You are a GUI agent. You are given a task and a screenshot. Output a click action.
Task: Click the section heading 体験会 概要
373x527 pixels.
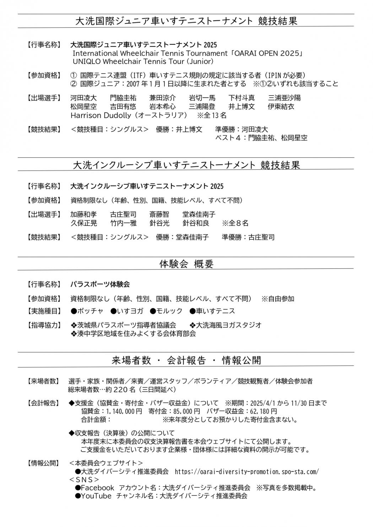[186, 264]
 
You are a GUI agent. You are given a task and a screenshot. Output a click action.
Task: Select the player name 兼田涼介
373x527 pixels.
[163, 98]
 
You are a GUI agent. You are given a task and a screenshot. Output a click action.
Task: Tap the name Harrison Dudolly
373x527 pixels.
[101, 115]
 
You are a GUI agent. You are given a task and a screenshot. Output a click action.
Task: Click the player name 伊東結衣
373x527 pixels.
[281, 107]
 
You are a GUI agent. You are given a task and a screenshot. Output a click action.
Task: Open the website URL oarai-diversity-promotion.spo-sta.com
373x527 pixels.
[247, 472]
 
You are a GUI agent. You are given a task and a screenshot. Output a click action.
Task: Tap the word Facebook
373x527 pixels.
[97, 488]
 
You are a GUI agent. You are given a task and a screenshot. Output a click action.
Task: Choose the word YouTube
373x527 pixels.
[96, 496]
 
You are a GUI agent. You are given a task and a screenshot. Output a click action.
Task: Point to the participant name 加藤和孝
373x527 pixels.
[83, 214]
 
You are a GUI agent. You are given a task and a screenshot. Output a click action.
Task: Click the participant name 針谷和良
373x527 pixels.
[196, 223]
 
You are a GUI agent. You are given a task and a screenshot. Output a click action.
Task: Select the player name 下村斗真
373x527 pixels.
[242, 98]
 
